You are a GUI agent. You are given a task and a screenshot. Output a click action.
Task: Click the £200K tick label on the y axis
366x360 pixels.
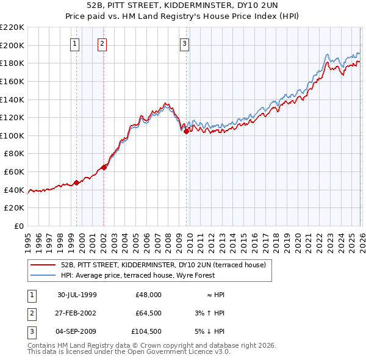click(12, 45)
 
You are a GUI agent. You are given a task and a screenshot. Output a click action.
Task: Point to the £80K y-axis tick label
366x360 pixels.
click(14, 154)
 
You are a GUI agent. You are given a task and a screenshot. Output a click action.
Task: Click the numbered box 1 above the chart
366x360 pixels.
click(74, 43)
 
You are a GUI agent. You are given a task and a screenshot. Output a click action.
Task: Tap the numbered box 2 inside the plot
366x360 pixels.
click(101, 43)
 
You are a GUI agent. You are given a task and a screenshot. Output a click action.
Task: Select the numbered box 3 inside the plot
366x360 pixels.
click(184, 43)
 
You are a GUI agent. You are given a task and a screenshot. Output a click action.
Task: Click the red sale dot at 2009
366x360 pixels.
click(185, 131)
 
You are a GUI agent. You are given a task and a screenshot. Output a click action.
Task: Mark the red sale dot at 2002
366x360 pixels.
click(104, 167)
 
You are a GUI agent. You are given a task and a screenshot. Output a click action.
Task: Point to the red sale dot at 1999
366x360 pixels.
click(76, 182)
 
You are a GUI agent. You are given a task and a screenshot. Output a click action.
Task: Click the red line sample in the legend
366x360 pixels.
click(43, 265)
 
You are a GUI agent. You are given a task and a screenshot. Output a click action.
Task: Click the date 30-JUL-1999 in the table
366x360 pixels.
click(77, 295)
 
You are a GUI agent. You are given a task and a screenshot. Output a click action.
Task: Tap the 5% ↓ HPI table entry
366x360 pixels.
click(210, 331)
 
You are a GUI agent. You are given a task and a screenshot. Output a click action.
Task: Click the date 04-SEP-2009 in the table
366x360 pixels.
click(77, 331)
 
